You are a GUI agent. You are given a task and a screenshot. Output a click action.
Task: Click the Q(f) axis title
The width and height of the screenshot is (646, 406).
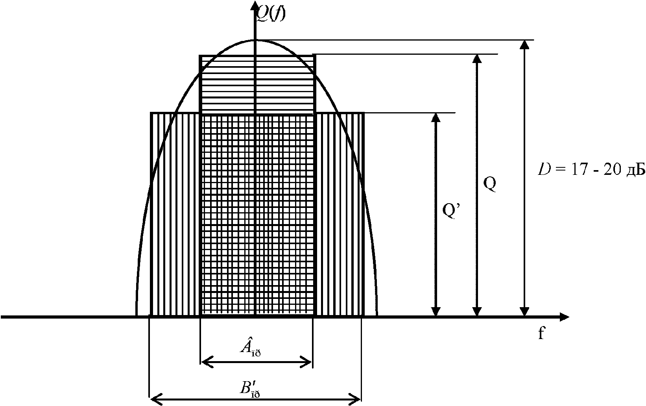[271, 14]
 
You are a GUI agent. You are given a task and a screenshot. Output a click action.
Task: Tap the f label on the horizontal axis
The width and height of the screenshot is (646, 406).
[542, 334]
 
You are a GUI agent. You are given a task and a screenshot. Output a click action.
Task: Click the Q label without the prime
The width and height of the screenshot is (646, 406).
[489, 184]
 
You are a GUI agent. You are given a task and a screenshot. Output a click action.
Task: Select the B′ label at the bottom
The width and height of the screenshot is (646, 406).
[251, 388]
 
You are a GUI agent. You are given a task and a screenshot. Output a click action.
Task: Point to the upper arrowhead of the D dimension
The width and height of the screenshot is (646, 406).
[524, 45]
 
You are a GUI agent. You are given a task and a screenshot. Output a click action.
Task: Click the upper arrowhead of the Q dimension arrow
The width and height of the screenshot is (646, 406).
[477, 59]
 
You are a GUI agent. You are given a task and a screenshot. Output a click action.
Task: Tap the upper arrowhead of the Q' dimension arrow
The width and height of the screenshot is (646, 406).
[435, 118]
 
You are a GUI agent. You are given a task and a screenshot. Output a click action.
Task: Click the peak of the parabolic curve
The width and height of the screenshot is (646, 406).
[255, 40]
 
